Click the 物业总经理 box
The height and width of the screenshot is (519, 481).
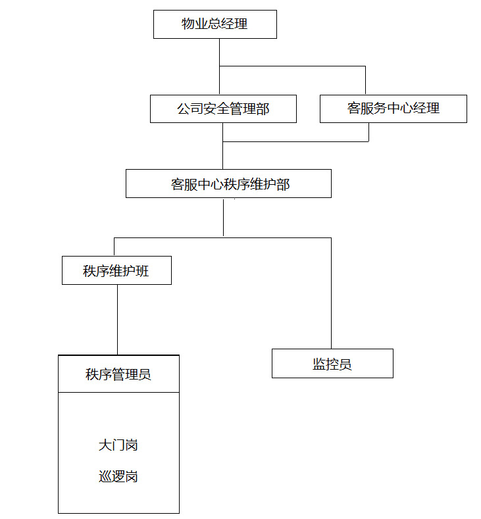[215, 24]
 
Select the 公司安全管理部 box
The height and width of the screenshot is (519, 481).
[223, 109]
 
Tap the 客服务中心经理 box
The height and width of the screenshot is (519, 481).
[393, 109]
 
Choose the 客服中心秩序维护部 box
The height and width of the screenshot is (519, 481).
[228, 184]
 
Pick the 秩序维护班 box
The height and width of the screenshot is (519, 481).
[116, 270]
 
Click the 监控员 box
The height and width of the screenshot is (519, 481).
[332, 363]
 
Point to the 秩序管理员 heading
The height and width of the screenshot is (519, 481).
[118, 374]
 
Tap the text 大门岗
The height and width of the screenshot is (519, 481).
[118, 445]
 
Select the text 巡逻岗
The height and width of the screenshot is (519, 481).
[118, 477]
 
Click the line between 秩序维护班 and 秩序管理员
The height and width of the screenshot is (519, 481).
[117, 319]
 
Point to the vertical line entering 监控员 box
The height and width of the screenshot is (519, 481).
[331, 296]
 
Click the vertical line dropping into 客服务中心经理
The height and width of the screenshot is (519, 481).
[365, 80]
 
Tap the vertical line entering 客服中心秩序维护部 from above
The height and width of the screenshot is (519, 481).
[222, 156]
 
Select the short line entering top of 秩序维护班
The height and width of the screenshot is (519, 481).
[114, 247]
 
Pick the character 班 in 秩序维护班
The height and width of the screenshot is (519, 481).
[143, 271]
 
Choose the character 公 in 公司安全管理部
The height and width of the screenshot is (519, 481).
[184, 109]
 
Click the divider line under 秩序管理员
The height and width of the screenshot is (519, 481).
[118, 393]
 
